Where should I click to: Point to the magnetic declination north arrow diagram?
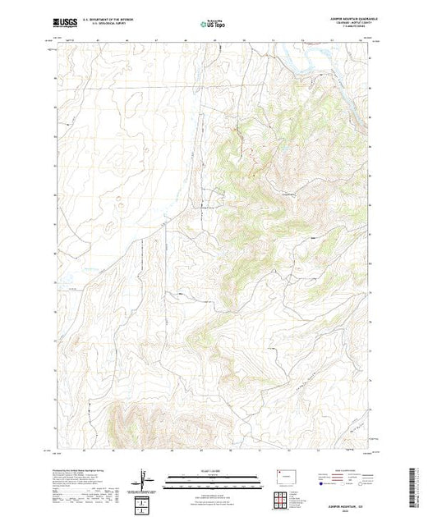click(x=145, y=478)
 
